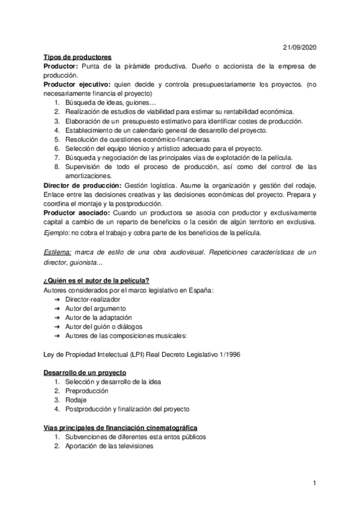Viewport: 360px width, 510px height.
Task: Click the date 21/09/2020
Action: point(299,48)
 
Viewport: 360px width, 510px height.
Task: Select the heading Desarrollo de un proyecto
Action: point(85,373)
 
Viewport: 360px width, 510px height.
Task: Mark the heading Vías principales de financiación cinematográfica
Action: point(121,428)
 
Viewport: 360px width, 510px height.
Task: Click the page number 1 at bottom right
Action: point(314,483)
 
